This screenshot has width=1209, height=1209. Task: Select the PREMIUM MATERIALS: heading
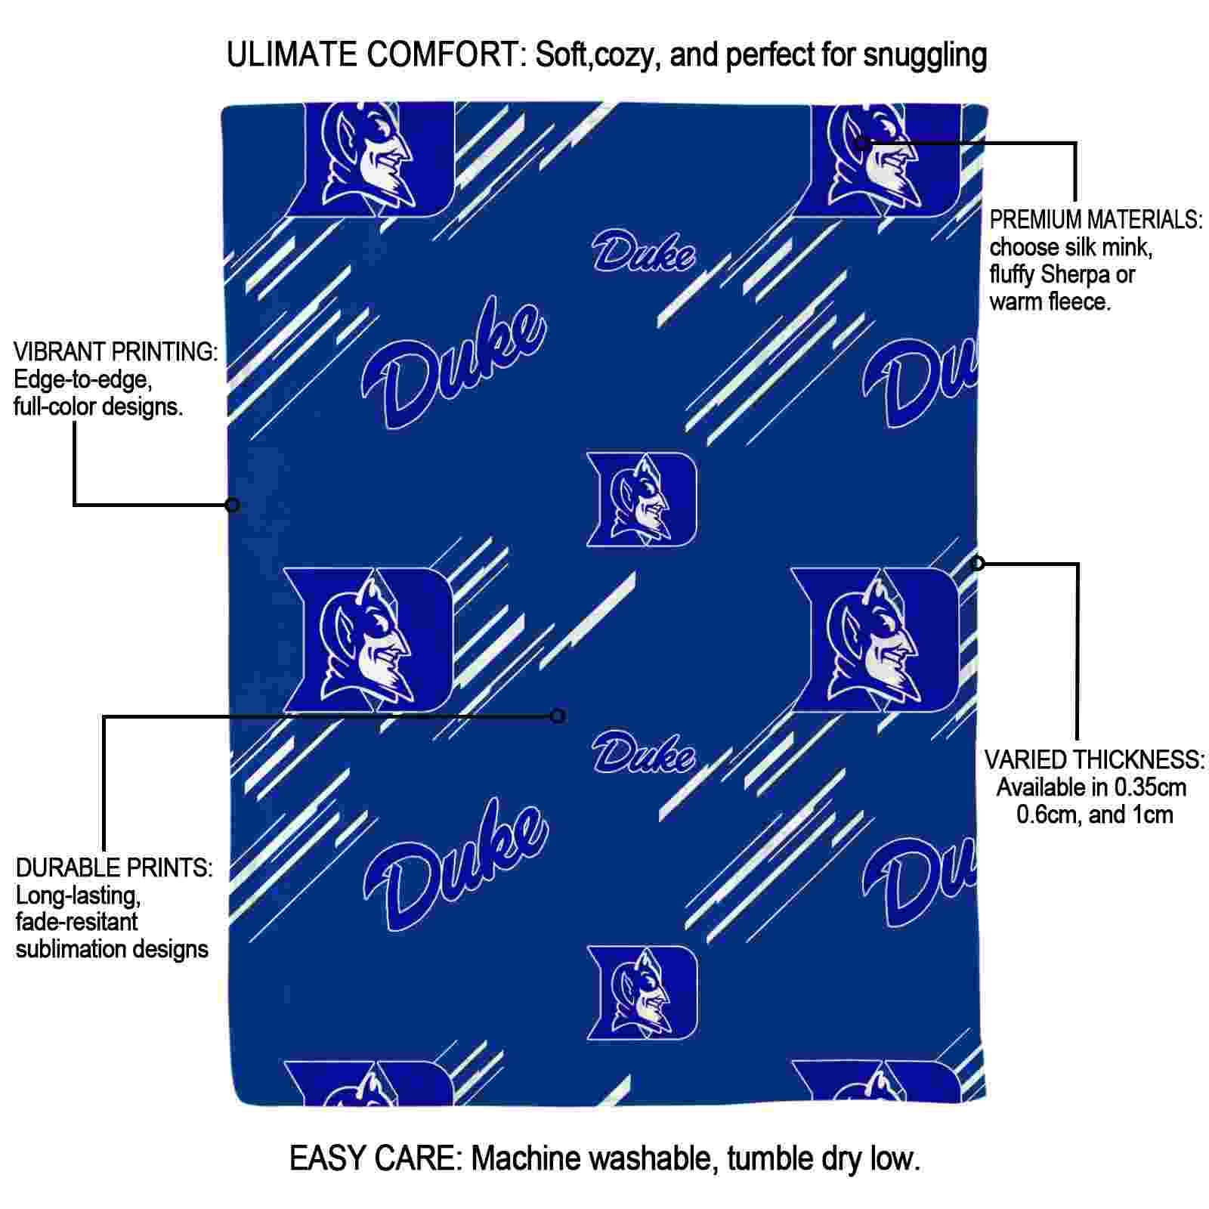pyautogui.click(x=1096, y=220)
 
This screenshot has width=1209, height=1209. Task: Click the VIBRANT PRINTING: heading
pyautogui.click(x=116, y=351)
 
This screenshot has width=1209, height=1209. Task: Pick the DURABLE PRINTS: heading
pyautogui.click(x=114, y=867)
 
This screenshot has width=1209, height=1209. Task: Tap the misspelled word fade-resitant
pyautogui.click(x=77, y=922)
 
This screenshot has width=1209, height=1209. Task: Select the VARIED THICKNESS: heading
pyautogui.click(x=1094, y=759)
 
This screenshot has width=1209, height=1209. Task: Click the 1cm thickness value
pyautogui.click(x=1152, y=815)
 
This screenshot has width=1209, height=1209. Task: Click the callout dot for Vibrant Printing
pyautogui.click(x=233, y=505)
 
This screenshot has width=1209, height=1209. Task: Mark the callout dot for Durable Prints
pyautogui.click(x=558, y=716)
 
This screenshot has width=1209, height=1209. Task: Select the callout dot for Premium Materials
pyautogui.click(x=861, y=143)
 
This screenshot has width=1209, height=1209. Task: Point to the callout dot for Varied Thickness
pyautogui.click(x=978, y=563)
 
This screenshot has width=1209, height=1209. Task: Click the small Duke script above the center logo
pyautogui.click(x=643, y=251)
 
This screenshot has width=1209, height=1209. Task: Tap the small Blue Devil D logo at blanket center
pyautogui.click(x=642, y=499)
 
